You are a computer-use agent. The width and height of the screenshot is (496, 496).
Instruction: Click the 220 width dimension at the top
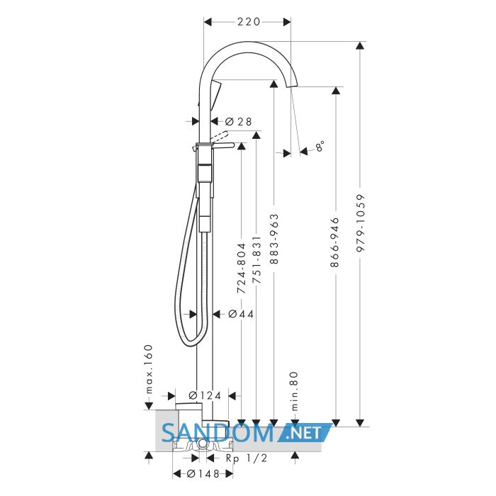[249, 22]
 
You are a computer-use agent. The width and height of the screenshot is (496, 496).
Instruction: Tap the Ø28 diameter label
[239, 121]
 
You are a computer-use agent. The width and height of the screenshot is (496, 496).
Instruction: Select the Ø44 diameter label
[241, 314]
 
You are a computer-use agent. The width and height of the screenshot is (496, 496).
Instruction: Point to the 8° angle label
[320, 146]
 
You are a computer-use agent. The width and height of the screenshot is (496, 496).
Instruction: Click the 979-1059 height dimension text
[360, 223]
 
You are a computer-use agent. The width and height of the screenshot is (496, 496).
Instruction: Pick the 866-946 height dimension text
[334, 242]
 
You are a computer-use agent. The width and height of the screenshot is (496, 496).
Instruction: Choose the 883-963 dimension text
[274, 239]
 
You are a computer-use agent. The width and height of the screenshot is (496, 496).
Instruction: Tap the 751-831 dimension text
[257, 259]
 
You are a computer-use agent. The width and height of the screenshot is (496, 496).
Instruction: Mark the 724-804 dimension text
[242, 269]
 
